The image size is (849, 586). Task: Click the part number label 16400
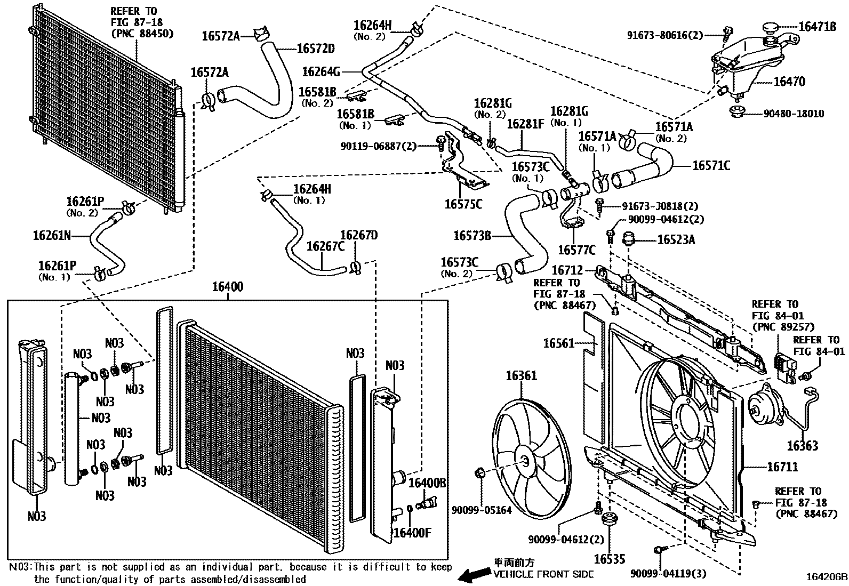pos(228,287)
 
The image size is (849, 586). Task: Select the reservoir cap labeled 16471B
pos(771,27)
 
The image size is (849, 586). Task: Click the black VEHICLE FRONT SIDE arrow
pos(475,575)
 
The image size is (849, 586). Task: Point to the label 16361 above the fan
pos(521,376)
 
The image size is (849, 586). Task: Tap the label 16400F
pos(412,533)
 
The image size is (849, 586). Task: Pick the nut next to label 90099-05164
pos(479,472)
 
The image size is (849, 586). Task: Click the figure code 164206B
pos(826,577)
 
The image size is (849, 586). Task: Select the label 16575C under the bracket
pos(463,204)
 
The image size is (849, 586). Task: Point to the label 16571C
pos(711,166)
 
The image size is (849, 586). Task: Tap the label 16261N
pos(52,235)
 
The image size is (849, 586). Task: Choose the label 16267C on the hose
pos(325,247)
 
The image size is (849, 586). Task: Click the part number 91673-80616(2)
pos(664,36)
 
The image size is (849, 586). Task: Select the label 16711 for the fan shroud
pos(782,467)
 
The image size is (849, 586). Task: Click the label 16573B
pos(472,235)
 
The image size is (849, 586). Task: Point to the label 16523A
pos(676,240)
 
